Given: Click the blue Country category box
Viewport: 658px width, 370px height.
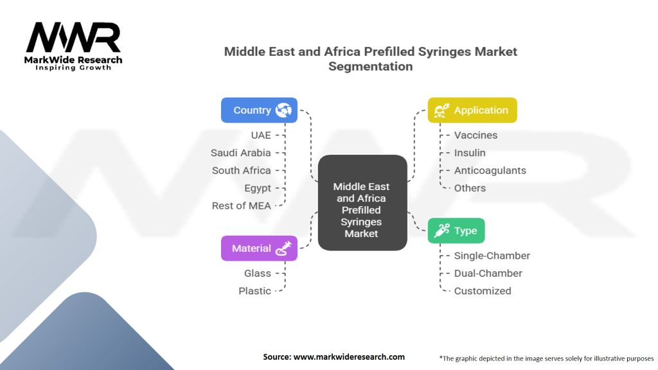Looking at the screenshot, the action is pos(259,110).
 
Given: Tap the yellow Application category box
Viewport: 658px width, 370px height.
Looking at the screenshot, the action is pos(472,110).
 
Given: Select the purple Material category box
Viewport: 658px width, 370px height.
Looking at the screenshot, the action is pos(259,248).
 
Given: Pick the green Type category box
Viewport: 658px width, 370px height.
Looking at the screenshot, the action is pos(456,231).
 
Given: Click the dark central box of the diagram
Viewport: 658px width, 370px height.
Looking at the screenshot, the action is pos(362,203).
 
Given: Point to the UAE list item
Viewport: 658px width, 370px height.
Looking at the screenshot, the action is pos(260,135).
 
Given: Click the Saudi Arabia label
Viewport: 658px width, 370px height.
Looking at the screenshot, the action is pos(240,153).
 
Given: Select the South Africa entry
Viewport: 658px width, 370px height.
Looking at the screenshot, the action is pos(242,170).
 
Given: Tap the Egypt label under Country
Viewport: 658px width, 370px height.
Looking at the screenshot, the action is pos(257,188).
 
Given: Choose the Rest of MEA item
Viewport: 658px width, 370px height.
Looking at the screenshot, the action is pos(242,206).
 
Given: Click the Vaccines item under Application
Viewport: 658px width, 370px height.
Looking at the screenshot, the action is pos(476,135).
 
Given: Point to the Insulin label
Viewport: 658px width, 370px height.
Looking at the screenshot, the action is pos(470,153).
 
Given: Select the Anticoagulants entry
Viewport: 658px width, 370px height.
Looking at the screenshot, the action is pos(490,170).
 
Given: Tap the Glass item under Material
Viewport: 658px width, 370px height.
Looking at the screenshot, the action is pos(257,273).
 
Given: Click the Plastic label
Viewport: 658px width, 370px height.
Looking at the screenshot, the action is pos(254,290).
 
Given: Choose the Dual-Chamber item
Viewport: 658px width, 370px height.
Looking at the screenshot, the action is pos(488,273).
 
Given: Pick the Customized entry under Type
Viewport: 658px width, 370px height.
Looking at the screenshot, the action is pos(483,290).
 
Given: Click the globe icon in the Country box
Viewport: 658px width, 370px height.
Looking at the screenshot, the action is pos(283,110).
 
